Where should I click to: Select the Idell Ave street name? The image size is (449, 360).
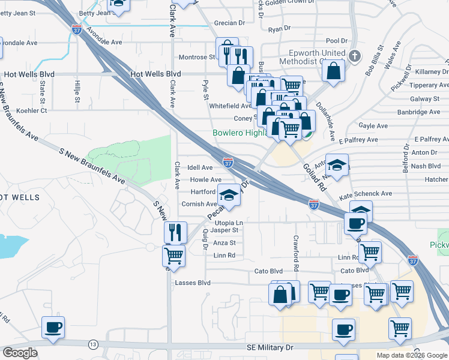200,167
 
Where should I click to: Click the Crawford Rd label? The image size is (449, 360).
296,251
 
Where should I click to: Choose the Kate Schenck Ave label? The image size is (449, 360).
366,194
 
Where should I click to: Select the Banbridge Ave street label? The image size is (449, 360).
418,112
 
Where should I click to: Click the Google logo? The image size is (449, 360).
20,353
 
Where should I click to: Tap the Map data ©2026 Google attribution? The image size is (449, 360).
412,355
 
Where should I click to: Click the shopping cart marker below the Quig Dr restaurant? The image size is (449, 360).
173,256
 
